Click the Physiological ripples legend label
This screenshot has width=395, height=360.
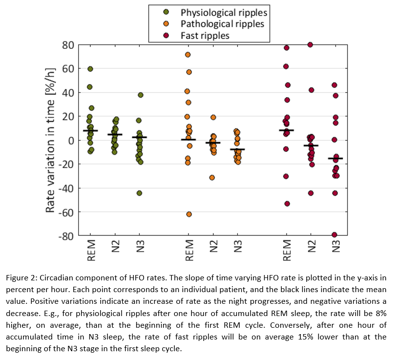pyautogui.click(x=224, y=12)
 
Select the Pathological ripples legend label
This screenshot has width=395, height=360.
pyautogui.click(x=222, y=23)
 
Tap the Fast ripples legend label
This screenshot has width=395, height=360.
pyautogui.click(x=205, y=35)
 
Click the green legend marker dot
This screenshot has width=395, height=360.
pyautogui.click(x=166, y=12)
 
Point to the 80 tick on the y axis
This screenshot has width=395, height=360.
pyautogui.click(x=68, y=45)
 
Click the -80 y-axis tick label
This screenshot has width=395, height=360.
pyautogui.click(x=66, y=236)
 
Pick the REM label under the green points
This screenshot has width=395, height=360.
pyautogui.click(x=91, y=251)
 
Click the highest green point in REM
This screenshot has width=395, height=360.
pyautogui.click(x=90, y=69)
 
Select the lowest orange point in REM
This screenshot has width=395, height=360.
pyautogui.click(x=188, y=214)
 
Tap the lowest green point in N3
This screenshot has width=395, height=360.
pyautogui.click(x=139, y=193)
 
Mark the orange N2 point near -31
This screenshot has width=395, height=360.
pyautogui.click(x=212, y=177)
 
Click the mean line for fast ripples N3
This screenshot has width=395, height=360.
pyautogui.click(x=335, y=158)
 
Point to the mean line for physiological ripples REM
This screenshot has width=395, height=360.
pyautogui.click(x=90, y=131)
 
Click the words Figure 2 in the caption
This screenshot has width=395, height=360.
pyautogui.click(x=22, y=278)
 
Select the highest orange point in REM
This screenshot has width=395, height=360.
pyautogui.click(x=188, y=55)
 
